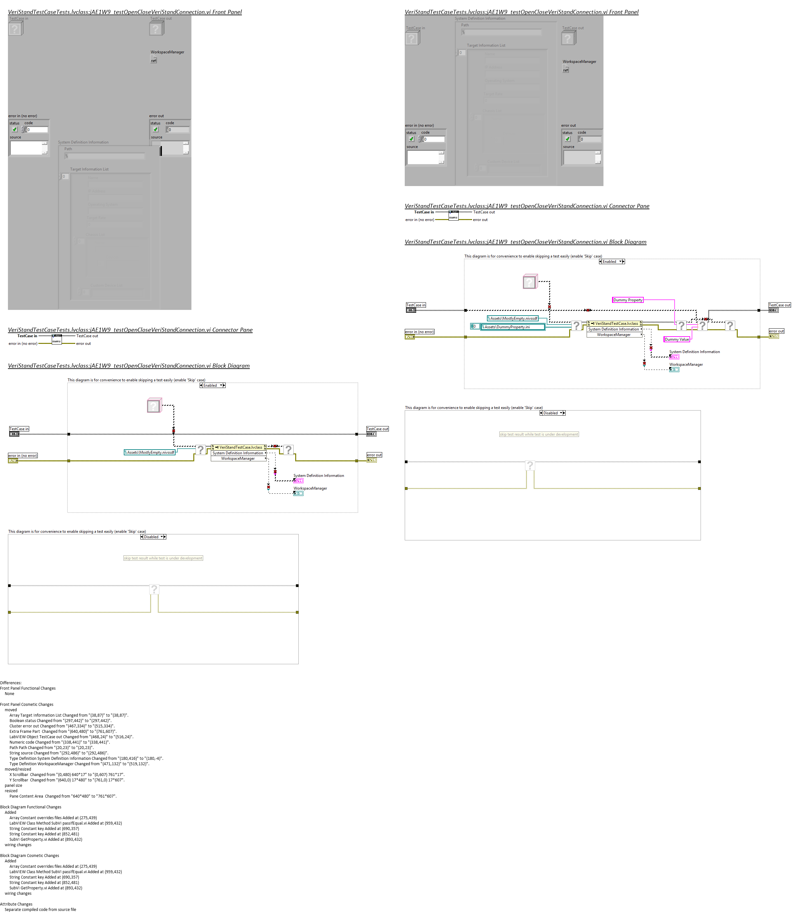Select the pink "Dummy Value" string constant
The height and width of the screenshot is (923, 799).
click(676, 339)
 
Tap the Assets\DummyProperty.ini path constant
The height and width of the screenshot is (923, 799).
click(513, 327)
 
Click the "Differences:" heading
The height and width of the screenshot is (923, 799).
click(11, 683)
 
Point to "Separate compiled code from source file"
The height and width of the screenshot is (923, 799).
click(40, 910)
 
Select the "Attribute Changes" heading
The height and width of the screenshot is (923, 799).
click(16, 904)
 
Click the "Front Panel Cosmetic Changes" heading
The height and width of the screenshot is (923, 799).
click(27, 705)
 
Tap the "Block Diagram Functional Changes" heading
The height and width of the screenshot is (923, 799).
click(31, 807)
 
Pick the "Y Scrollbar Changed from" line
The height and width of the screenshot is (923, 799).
click(67, 780)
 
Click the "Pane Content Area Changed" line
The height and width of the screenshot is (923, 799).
click(63, 796)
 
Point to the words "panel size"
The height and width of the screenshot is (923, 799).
click(13, 785)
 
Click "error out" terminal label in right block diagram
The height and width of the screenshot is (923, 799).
click(776, 331)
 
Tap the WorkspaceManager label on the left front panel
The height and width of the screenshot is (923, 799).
click(167, 52)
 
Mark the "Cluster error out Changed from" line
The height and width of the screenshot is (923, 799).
click(62, 726)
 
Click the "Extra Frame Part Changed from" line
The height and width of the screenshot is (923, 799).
click(63, 731)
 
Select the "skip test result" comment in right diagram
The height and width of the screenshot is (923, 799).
click(539, 434)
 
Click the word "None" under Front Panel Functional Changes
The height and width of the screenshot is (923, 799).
click(9, 694)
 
